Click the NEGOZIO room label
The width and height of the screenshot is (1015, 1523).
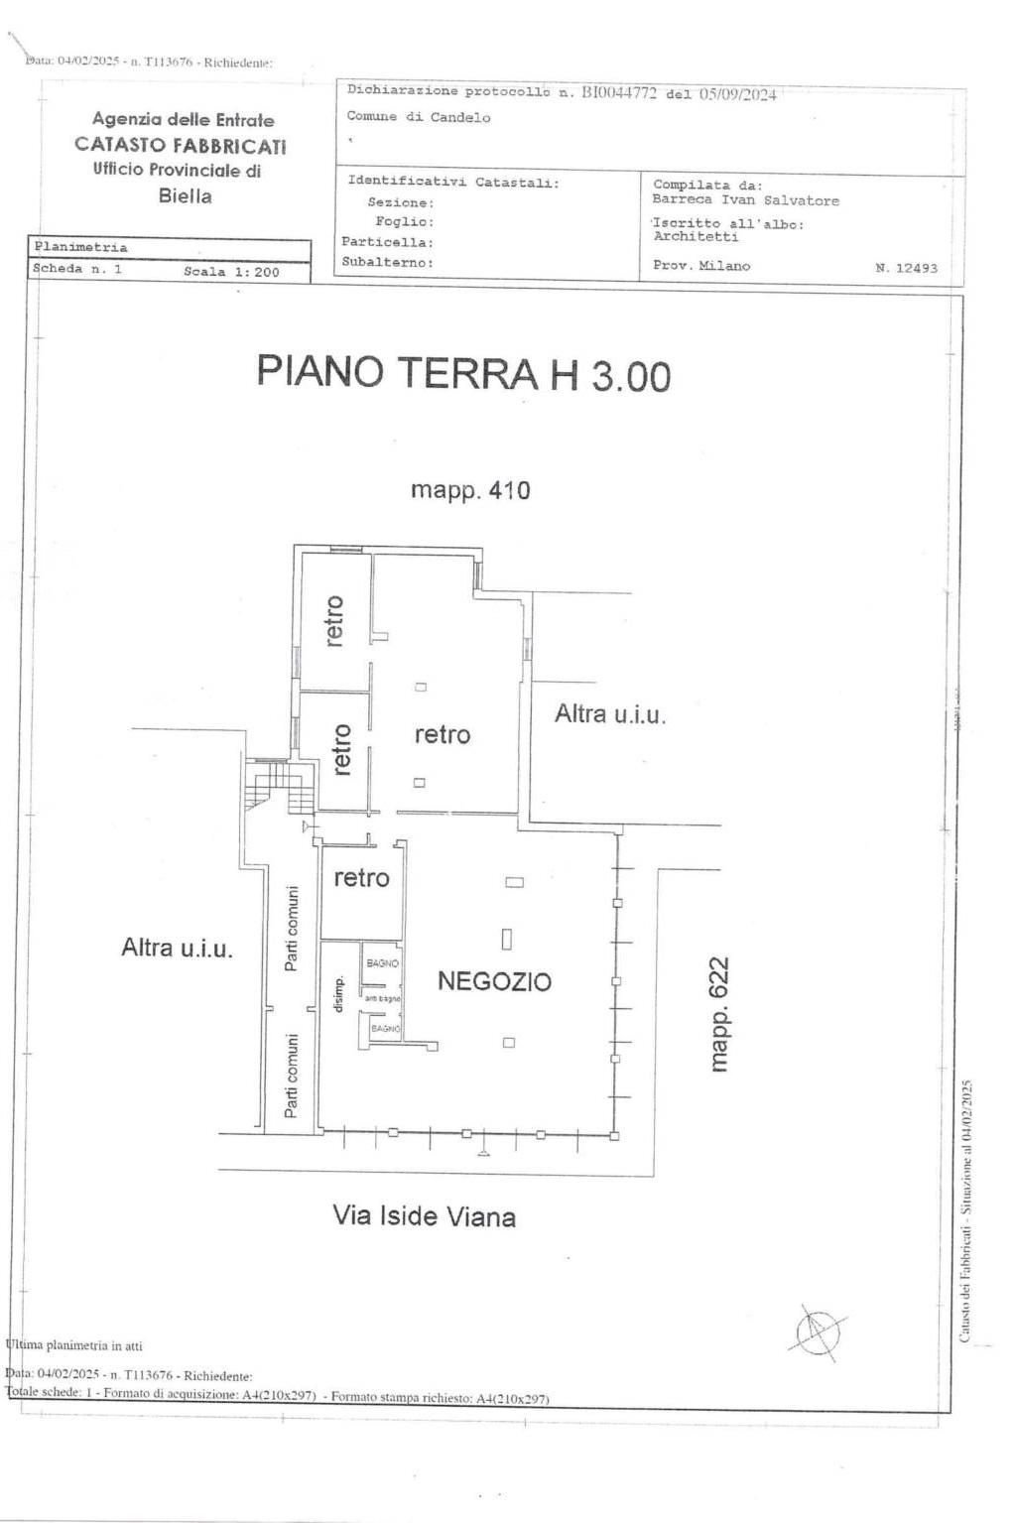click(x=494, y=981)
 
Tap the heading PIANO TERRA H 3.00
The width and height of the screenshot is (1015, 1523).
click(x=463, y=373)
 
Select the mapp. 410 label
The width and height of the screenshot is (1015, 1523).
click(x=470, y=490)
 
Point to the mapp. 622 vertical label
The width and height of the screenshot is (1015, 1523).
click(x=719, y=1014)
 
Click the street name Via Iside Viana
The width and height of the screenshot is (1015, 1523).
click(x=424, y=1216)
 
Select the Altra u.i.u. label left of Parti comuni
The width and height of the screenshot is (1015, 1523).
click(x=177, y=948)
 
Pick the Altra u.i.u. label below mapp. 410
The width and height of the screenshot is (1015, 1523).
click(x=609, y=713)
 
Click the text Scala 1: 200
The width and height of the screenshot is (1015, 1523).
click(x=231, y=271)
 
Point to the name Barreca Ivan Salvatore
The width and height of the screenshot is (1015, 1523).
click(x=745, y=200)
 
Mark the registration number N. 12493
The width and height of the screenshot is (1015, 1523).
click(x=906, y=268)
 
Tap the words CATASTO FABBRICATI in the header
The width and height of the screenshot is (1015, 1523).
click(x=181, y=145)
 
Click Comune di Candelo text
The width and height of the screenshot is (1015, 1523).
click(x=418, y=117)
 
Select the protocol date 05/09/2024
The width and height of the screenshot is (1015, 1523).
click(x=737, y=94)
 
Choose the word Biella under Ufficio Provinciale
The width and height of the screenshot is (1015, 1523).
click(x=186, y=195)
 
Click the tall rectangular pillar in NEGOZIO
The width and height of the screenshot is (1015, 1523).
click(x=507, y=938)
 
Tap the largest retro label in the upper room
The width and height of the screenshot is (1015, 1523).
click(x=442, y=735)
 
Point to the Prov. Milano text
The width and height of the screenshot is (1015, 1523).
click(x=701, y=266)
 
